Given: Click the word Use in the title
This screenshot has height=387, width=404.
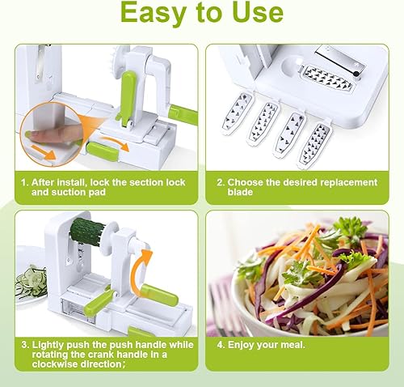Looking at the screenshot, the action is tap(259, 12).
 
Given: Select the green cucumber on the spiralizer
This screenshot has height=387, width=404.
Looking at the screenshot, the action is tap(86, 230).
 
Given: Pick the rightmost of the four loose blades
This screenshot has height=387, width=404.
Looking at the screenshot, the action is tap(316, 145).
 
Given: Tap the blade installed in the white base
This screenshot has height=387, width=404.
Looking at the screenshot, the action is tap(326, 77).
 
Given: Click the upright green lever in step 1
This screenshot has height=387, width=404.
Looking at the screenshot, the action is tap(128, 97).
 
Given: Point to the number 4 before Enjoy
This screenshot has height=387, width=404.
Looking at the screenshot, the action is tap(220, 345).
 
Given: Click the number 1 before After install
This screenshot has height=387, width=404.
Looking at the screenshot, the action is tap(24, 183).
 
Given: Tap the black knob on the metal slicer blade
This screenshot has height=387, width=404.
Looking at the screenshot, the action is tap(356, 74).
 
